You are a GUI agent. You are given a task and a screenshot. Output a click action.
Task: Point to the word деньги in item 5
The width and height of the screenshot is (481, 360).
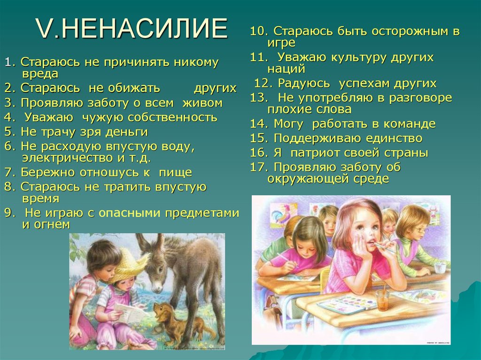point(127,131)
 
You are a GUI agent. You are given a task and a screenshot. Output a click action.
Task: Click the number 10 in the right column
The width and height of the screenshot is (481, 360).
point(257,32)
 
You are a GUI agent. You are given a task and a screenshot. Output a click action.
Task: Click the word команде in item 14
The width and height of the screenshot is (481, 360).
point(411,124)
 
